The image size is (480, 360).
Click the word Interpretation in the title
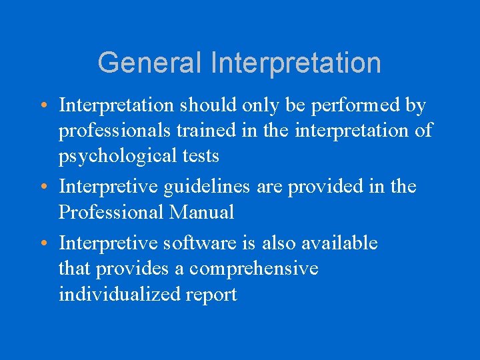pos(296,63)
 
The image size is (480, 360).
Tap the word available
pos(339,243)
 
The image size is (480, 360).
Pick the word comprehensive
pos(253,269)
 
